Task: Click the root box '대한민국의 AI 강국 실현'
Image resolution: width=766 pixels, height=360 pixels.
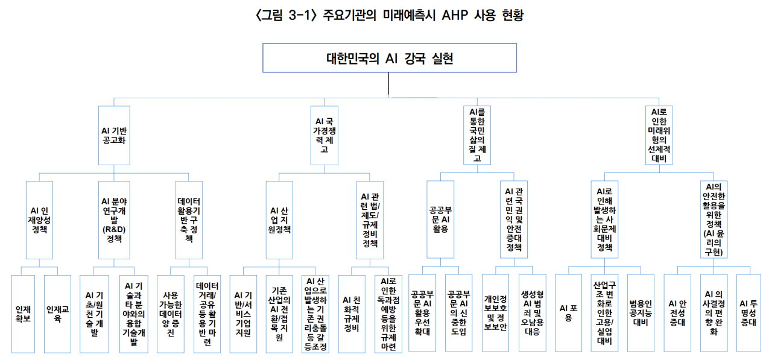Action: [389, 59]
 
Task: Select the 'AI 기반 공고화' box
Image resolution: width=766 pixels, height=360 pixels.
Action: [114, 136]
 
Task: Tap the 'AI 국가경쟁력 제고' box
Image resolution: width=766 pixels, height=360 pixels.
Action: [326, 136]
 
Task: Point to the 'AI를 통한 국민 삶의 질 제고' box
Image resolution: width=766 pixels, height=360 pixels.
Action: [477, 135]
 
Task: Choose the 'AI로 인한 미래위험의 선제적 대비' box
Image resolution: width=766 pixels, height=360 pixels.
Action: [659, 135]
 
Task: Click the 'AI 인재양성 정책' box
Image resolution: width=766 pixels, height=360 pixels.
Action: [39, 219]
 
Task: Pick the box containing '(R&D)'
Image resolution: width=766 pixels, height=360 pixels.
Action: [113, 219]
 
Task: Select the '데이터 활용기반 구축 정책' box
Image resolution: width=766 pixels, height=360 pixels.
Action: [189, 219]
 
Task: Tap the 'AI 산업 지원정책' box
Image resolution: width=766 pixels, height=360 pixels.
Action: [279, 219]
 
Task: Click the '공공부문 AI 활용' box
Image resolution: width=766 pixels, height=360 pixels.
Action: [440, 219]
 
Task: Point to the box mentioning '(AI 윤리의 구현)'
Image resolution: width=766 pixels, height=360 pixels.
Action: [717, 219]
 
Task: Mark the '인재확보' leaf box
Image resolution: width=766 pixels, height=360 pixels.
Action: [24, 314]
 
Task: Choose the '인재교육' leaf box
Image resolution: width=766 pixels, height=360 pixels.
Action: [57, 314]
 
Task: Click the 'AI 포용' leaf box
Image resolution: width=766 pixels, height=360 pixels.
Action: [568, 314]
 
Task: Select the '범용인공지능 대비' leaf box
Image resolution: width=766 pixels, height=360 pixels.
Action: [641, 314]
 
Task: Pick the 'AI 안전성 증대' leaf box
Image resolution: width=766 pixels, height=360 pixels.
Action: [677, 314]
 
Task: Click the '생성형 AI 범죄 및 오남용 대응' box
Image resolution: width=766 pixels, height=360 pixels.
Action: [533, 314]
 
